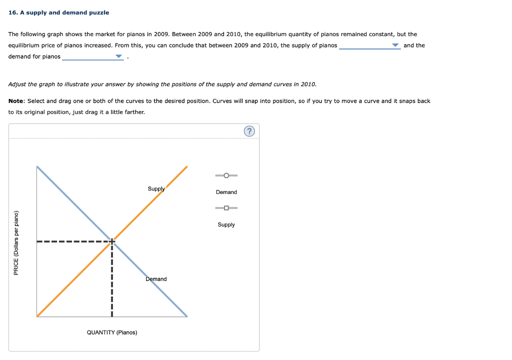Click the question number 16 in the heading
tap(12, 12)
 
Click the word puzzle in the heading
tap(99, 12)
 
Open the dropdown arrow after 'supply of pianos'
tap(395, 45)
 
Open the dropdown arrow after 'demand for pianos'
tap(118, 56)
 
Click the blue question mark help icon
tap(249, 131)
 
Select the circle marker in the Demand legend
tap(226, 175)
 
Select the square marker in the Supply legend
tap(226, 208)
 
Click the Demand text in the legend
tap(226, 192)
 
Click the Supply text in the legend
tap(226, 224)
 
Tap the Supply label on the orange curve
tap(156, 189)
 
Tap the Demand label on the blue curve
tap(156, 279)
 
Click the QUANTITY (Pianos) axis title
tap(112, 332)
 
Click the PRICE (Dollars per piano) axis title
tap(16, 242)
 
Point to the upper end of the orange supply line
tap(186, 167)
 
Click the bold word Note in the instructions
tap(16, 101)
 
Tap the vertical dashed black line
tap(112, 280)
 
